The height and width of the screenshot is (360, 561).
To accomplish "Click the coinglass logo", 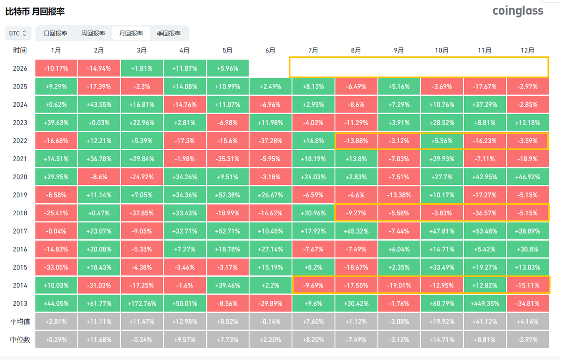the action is click(517, 11).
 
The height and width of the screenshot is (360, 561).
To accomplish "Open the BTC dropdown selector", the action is click(18, 33).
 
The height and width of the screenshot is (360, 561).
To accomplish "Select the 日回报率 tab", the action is click(56, 33).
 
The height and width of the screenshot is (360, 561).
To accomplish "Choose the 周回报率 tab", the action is click(93, 33).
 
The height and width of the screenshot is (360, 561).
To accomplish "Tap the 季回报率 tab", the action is click(169, 33).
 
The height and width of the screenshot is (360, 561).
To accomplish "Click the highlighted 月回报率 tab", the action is click(131, 33).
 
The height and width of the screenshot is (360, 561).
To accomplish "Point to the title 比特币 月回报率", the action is click(35, 11).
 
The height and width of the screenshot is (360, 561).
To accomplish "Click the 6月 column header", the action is click(270, 51).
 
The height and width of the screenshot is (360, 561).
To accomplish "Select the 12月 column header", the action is click(527, 51).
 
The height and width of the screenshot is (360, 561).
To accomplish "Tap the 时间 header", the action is click(20, 51).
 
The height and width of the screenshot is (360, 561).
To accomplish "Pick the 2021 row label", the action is click(20, 159).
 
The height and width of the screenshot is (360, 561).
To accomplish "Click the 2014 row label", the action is click(20, 286).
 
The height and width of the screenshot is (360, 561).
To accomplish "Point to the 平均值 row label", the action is click(20, 322).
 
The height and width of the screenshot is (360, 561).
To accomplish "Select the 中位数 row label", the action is click(20, 339).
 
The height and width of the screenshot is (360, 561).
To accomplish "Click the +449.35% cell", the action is click(485, 303).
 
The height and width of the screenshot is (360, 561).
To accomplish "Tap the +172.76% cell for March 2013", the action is click(142, 303).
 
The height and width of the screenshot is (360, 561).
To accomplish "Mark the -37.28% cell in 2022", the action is click(270, 140).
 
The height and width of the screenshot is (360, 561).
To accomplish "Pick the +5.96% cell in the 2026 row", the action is click(227, 68).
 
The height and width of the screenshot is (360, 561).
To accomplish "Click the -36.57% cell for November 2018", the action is click(485, 213).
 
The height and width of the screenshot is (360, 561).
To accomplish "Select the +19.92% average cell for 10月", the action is click(442, 322).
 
